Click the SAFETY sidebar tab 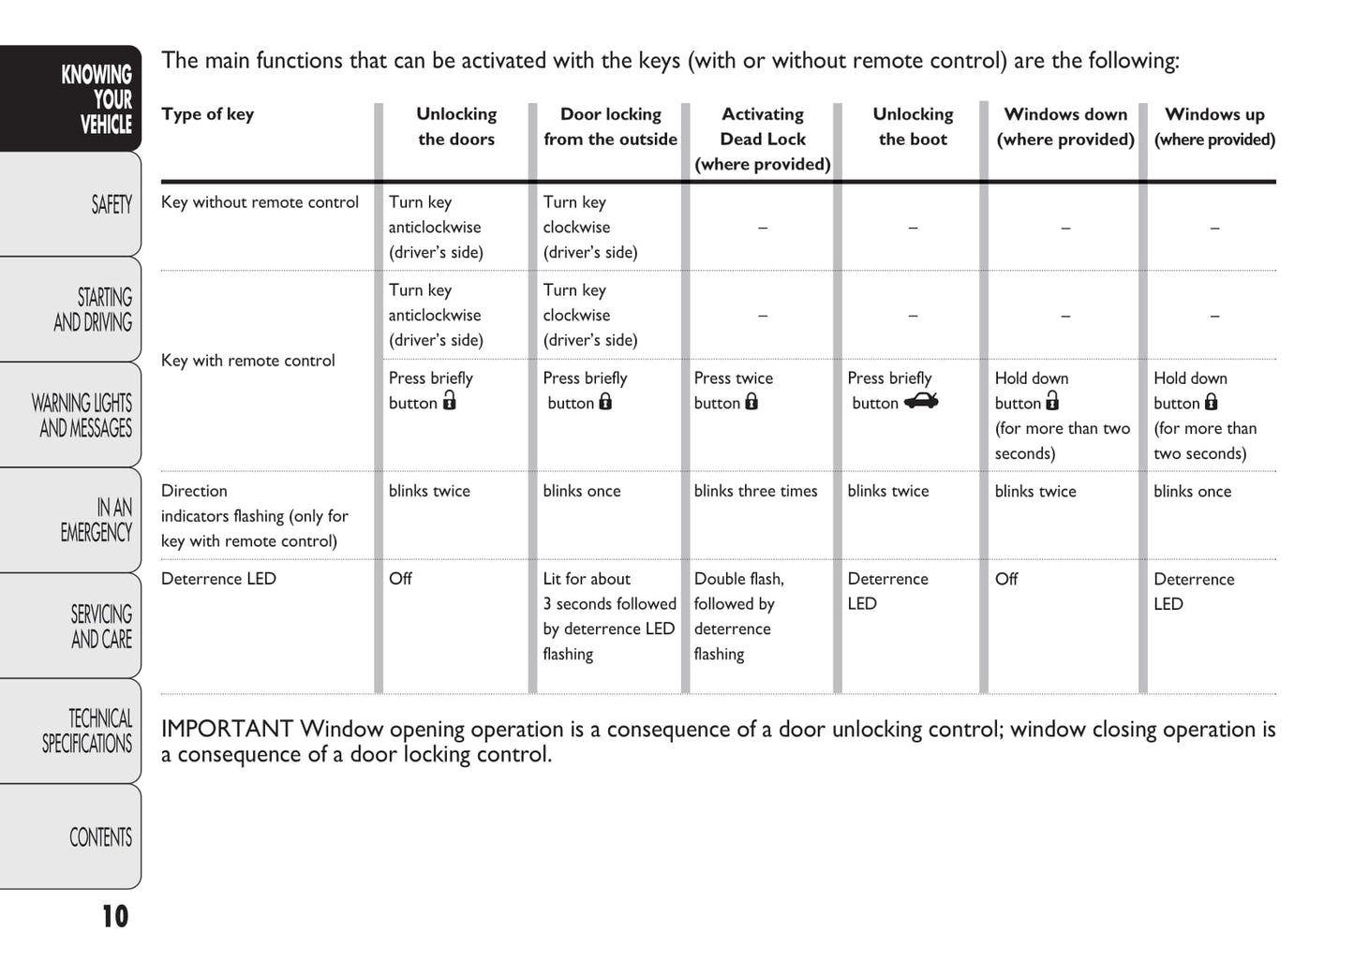pos(111,204)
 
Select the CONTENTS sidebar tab pos(100,836)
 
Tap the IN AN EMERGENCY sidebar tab pos(97,520)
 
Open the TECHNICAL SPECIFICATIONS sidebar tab pos(87,731)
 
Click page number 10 pos(114,916)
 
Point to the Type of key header pos(207,114)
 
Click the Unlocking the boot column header pos(913,126)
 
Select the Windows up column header pos(1214,126)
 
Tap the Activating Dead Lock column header pos(763,139)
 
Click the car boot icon pos(921,402)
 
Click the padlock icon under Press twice pos(751,402)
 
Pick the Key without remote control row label pos(260,202)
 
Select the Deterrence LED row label pos(218,579)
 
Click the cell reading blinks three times pos(755,491)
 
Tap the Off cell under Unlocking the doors pos(400,579)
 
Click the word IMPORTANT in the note pos(227,729)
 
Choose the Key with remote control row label pos(247,361)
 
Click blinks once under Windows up pos(1192,491)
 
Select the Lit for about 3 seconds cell pos(609,615)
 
